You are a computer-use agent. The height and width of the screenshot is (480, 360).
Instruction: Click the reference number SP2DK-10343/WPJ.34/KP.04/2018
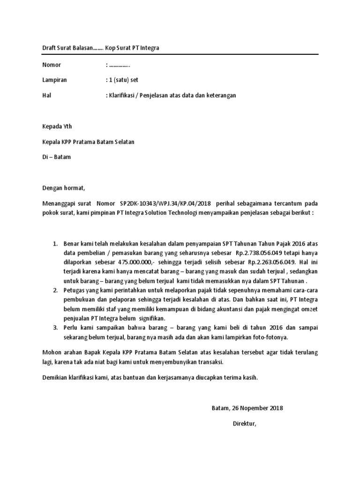click(x=165, y=203)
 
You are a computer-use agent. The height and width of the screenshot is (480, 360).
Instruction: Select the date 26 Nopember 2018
click(x=256, y=408)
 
